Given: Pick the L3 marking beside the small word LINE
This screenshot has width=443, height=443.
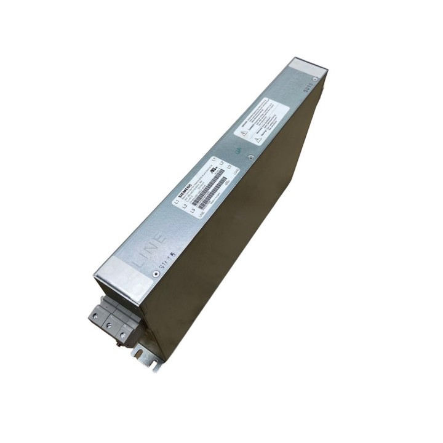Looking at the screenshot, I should tap(193, 210).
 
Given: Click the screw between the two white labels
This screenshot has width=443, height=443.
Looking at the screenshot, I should tap(250, 158).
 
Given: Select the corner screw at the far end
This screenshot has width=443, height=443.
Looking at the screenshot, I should tap(315, 79).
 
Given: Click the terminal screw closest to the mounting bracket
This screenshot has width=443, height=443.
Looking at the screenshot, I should tap(123, 336).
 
